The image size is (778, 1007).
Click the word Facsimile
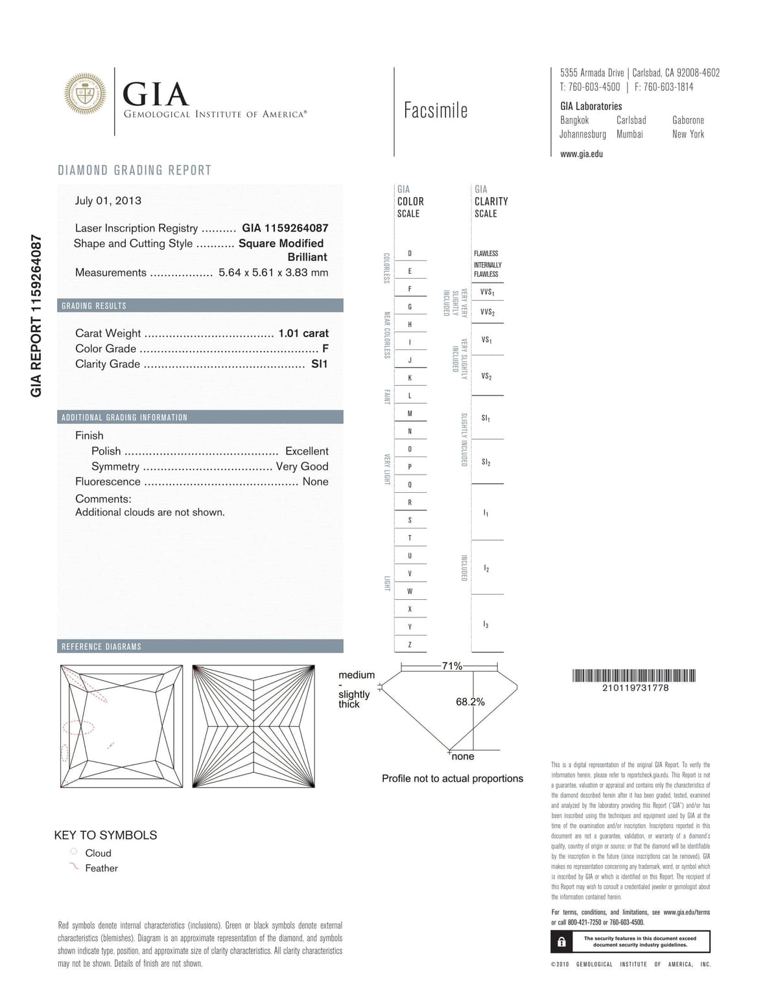coord(436,111)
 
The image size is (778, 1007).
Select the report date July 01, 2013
coord(108,200)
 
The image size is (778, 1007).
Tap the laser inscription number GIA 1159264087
coord(285,228)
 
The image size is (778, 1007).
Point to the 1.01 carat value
coord(303,333)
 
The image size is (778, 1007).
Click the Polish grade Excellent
coord(307,451)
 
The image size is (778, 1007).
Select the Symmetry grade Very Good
coord(302,466)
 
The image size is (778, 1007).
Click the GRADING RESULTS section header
coord(94,306)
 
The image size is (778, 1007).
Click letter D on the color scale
coord(410,254)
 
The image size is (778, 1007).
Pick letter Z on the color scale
coord(410,645)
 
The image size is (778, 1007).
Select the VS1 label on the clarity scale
coord(486,340)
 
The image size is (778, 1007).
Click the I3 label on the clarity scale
coord(486,624)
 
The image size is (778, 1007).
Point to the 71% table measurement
coord(452,666)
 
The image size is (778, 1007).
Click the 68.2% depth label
coord(470,702)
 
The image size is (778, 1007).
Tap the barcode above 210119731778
coord(634,675)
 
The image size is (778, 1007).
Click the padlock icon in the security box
coord(561,942)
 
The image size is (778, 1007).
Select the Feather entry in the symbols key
coord(101,868)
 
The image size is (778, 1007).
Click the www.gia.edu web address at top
coord(582,154)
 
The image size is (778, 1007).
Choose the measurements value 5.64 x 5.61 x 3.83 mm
coord(273,273)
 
